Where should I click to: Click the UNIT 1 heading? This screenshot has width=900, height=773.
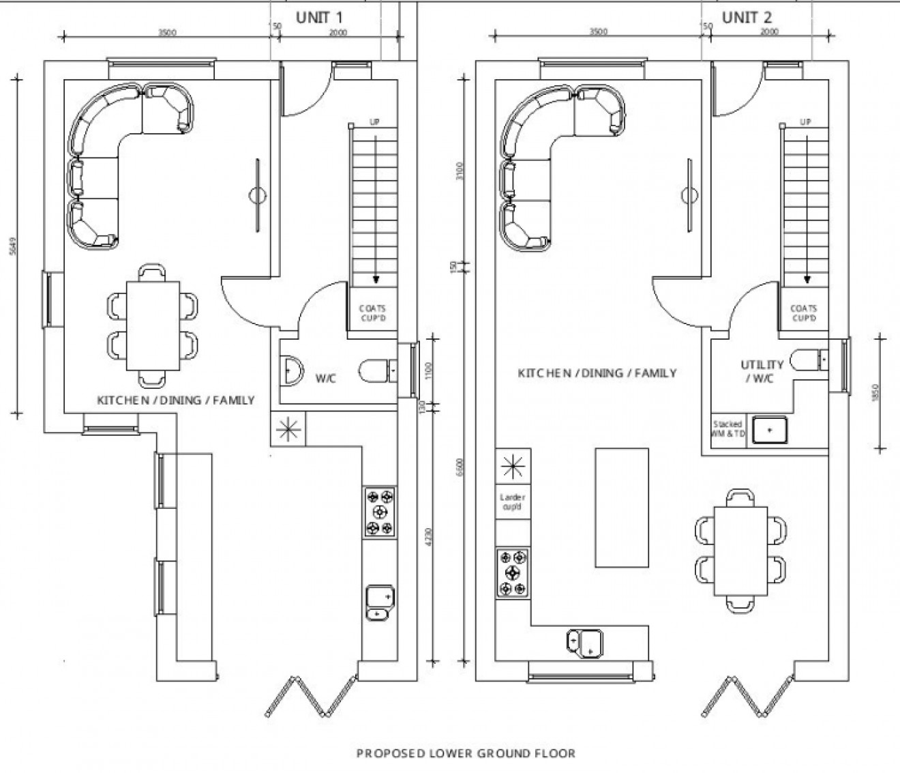319,18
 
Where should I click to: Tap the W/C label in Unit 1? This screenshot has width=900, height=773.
326,378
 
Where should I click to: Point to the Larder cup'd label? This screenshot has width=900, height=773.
513,503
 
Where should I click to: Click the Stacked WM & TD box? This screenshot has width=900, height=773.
727,429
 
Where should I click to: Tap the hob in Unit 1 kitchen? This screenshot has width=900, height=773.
379,512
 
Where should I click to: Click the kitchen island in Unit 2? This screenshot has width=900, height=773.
621,507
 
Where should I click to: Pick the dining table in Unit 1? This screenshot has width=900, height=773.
151,325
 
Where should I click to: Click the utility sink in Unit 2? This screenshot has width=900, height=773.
770,430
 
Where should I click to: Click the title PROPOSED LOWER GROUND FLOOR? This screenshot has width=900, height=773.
466,753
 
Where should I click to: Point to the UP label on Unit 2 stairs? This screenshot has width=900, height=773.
805,123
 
